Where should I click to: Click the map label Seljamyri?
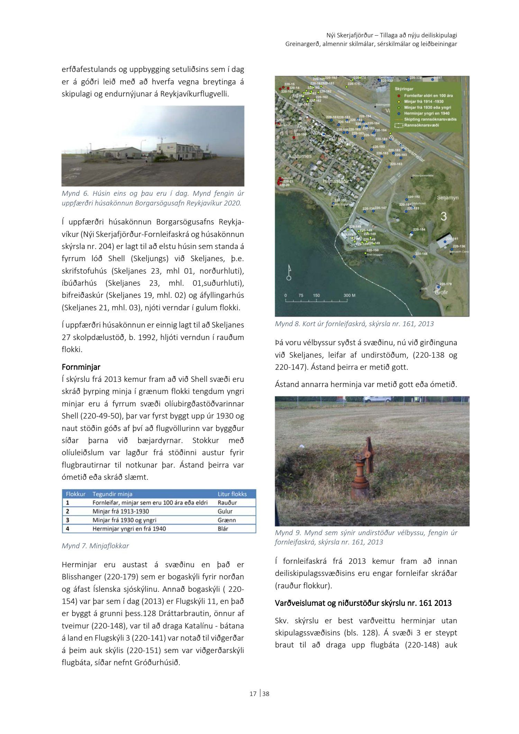(x=447, y=198)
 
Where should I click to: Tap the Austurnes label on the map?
(x=300, y=156)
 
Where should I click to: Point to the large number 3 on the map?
(x=444, y=217)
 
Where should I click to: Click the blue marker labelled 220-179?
(x=438, y=287)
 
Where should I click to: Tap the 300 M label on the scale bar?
(x=349, y=296)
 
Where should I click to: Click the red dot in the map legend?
(x=399, y=95)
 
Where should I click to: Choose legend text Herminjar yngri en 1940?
(x=427, y=113)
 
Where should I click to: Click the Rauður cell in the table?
(x=227, y=503)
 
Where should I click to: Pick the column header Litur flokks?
(x=232, y=494)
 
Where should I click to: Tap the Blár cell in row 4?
(x=223, y=529)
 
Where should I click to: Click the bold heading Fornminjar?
(x=81, y=367)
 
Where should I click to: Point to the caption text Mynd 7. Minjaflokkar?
(x=95, y=546)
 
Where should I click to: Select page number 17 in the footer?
(x=253, y=694)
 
